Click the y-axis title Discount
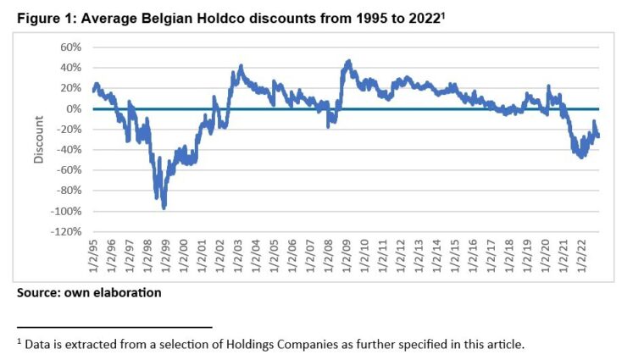point(37,140)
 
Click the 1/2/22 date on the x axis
point(580,256)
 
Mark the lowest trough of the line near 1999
point(164,207)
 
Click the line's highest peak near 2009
point(348,61)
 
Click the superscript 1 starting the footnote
point(19,341)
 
